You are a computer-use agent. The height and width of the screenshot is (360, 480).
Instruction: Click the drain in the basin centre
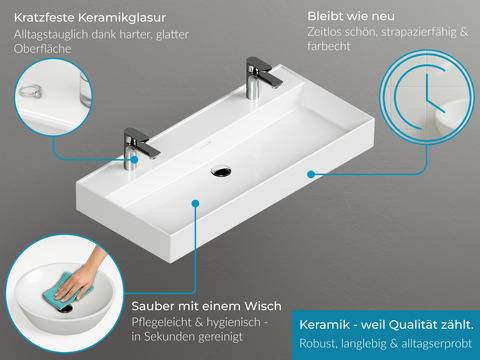(x=220, y=171)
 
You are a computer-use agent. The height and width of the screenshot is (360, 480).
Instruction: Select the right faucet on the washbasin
(x=255, y=78)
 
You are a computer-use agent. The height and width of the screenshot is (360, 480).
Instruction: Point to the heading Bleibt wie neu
(x=352, y=18)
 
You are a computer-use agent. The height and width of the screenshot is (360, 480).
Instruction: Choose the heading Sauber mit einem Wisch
(x=206, y=305)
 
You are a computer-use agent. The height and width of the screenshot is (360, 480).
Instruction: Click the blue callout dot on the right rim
(x=313, y=173)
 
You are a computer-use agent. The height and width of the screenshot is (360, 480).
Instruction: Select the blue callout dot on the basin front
(x=194, y=203)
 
